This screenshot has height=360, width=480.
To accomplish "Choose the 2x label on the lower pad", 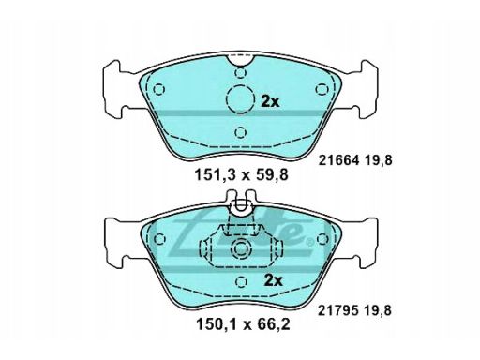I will tap(272, 280).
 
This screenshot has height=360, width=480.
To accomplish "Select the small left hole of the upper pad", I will tap(159, 90).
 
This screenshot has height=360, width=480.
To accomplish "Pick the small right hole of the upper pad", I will tap(323, 90).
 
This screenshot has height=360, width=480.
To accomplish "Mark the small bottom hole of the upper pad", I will tap(241, 130).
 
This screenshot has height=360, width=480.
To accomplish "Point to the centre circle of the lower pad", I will tap(241, 250).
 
